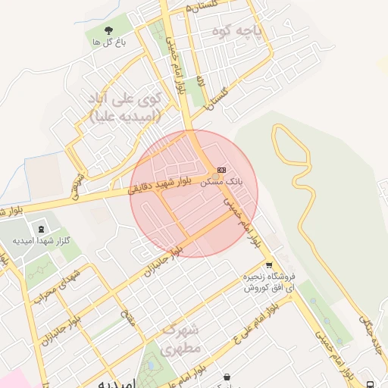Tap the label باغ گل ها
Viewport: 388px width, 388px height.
[x=108, y=43]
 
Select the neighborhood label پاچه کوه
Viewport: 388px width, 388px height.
[x=257, y=32]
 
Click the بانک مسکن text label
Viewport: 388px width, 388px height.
[x=221, y=183]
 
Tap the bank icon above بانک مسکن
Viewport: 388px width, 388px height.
[x=221, y=170]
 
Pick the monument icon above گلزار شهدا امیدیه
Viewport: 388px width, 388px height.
[x=40, y=228]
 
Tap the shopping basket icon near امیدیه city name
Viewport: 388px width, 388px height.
[x=227, y=377]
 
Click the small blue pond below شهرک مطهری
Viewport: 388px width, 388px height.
[x=152, y=366]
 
